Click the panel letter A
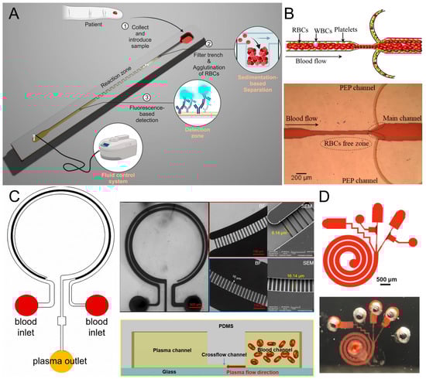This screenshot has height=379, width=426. [x=12, y=12]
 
